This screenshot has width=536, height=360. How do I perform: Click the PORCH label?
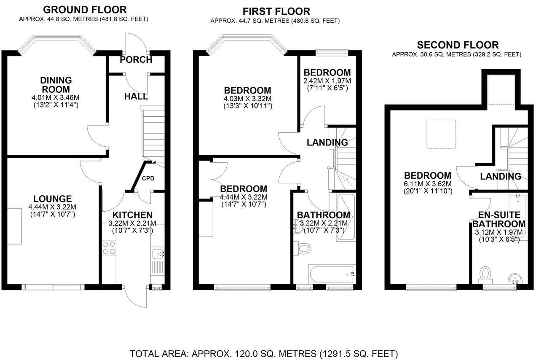136,59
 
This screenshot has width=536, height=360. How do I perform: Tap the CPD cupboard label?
148,178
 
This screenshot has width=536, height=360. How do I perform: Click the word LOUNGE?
53,199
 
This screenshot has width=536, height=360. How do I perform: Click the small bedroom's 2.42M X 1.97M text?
327,81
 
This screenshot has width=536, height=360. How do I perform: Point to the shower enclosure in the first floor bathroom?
346,217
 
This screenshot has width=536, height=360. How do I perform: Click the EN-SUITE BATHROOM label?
498,219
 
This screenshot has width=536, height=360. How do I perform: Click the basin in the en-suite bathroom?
515,279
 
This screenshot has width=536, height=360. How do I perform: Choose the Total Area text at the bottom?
264,353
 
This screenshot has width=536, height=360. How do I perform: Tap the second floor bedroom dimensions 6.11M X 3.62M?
428,184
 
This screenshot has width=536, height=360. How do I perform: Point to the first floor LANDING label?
327,142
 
